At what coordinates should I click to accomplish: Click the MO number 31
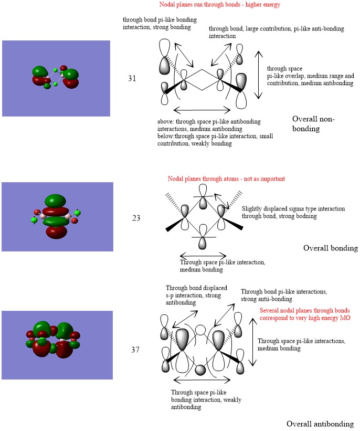(x=132, y=78)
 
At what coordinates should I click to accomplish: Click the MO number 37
(x=135, y=348)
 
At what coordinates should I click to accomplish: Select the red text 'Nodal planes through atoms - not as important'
(x=226, y=179)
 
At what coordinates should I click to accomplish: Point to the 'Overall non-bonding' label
(x=313, y=123)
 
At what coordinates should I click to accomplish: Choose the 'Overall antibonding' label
(x=320, y=424)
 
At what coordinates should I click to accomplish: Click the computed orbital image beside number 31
(x=56, y=78)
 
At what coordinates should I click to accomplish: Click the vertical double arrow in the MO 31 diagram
(x=257, y=75)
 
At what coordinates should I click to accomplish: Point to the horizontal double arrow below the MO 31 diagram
(x=202, y=110)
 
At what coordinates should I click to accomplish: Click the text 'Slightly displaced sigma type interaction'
(x=293, y=209)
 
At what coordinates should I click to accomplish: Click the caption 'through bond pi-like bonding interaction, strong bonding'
(x=152, y=23)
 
